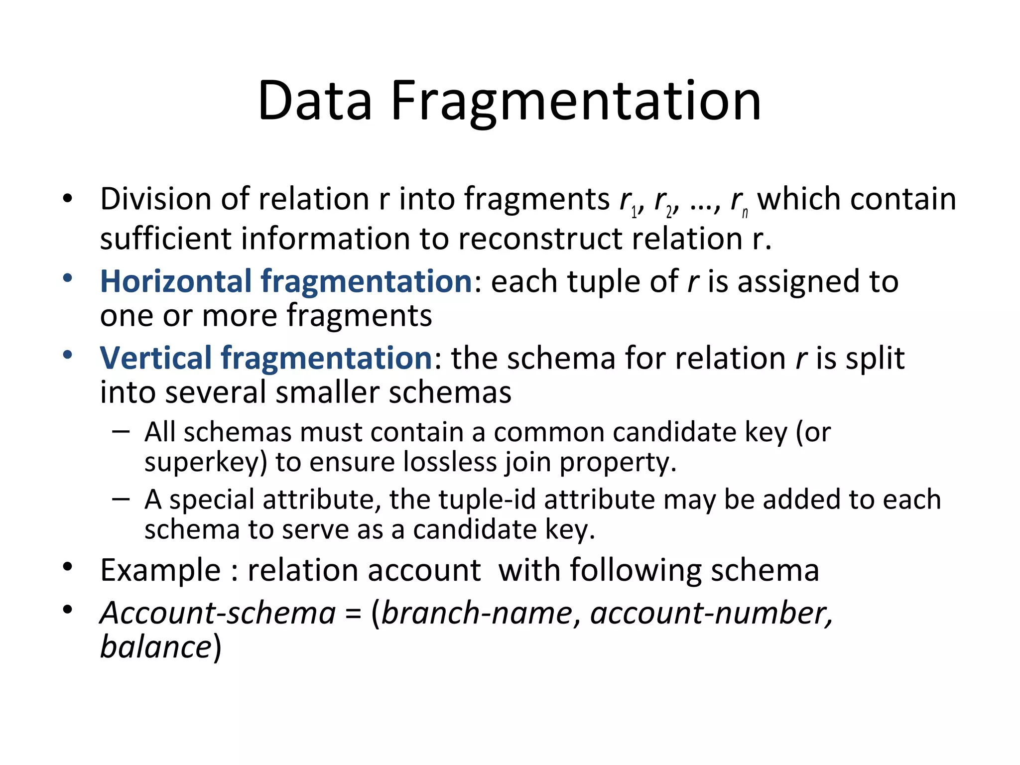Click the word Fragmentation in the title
576,102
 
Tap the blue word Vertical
155,358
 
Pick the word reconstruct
540,239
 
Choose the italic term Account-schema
218,613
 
